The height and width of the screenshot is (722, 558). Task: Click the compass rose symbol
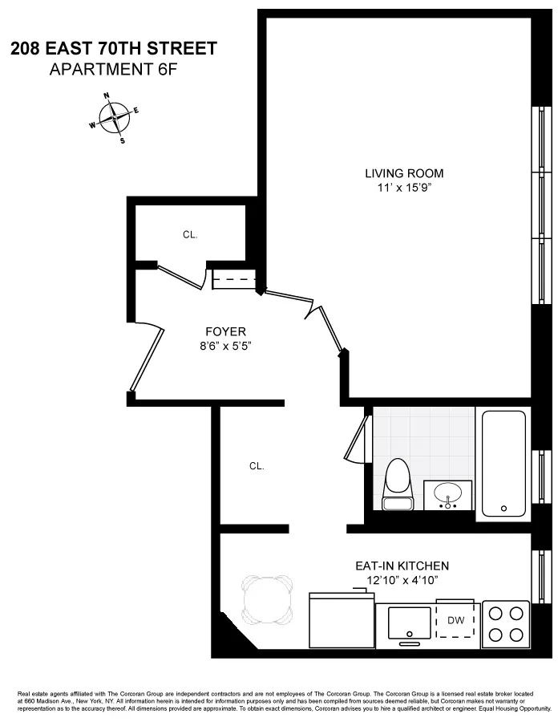[x=115, y=119]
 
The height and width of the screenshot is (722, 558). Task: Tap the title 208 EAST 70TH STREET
[x=113, y=49]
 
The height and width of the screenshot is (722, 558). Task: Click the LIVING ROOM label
[x=403, y=173]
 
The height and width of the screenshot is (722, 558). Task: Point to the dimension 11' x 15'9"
[x=403, y=189]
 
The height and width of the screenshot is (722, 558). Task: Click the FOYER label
[x=225, y=331]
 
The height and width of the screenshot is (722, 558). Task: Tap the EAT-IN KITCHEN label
[x=402, y=566]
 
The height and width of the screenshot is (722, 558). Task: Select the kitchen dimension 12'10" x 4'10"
[x=402, y=580]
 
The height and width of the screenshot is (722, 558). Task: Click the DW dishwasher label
[x=455, y=620]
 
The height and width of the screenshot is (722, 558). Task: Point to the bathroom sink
[x=447, y=493]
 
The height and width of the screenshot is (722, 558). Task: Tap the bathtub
[x=503, y=463]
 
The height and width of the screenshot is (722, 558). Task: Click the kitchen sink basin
[x=410, y=621]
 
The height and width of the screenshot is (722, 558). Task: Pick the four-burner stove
[x=506, y=624]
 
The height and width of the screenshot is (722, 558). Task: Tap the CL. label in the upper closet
[x=190, y=235]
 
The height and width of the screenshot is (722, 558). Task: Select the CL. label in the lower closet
[x=257, y=465]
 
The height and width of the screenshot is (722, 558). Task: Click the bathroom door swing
[x=357, y=437]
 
